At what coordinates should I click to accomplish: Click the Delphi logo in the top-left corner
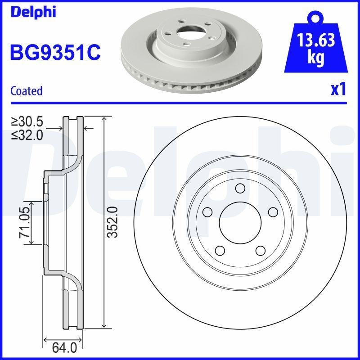coord(33,12)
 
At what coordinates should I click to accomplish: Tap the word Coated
coord(27,90)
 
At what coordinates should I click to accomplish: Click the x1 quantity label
coord(338,90)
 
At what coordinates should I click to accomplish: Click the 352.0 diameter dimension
coord(113,222)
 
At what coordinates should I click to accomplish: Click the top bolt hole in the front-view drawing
coord(239,188)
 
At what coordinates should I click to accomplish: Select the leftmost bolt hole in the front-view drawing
coord(207,211)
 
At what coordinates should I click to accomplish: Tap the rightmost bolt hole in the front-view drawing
coord(272,211)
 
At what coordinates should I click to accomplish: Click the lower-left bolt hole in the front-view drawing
coord(220,250)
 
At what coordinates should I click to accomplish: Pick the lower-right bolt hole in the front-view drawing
coord(260,250)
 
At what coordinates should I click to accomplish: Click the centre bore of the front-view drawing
coord(239,222)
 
